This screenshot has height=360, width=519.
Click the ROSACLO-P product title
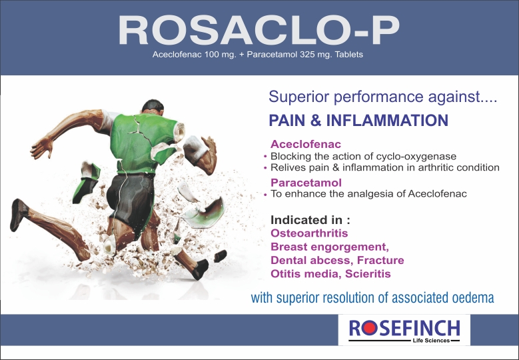tap(259, 30)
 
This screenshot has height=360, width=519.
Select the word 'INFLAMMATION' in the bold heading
tap(387, 120)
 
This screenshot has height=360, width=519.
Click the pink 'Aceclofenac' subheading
tap(306, 144)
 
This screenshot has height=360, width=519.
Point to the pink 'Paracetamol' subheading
tap(306, 183)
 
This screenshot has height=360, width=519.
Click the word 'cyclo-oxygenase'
tap(416, 157)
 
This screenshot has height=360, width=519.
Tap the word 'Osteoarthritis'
tap(309, 233)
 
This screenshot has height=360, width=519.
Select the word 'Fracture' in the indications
tap(380, 260)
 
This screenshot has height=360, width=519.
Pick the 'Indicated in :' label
tap(310, 220)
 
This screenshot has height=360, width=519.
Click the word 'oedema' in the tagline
tap(472, 297)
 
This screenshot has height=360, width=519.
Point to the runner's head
tap(153, 107)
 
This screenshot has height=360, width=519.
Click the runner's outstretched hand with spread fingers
tap(42, 147)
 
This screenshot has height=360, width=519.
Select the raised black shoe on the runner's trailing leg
tap(17, 215)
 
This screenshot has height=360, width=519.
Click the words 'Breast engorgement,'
tap(330, 247)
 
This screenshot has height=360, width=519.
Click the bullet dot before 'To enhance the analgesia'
tap(265, 195)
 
